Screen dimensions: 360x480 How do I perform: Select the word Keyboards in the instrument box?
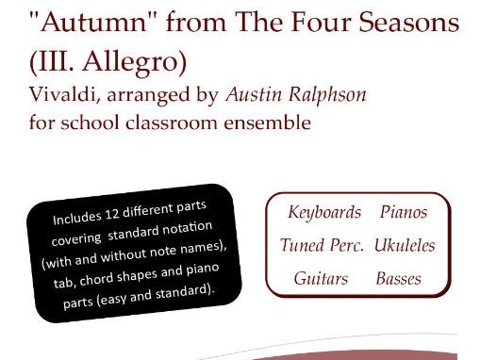click(x=324, y=212)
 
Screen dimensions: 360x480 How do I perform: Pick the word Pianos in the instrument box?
click(x=404, y=212)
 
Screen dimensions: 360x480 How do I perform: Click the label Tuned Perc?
click(x=322, y=245)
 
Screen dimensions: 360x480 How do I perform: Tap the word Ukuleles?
click(x=404, y=245)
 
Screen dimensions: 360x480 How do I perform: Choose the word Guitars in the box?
click(x=321, y=279)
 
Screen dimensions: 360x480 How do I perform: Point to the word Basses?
click(x=398, y=279)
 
